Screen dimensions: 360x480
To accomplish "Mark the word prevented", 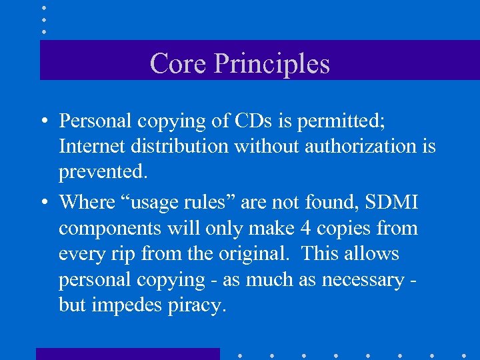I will tap(102, 172).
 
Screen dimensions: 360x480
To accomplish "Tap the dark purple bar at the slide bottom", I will tap(127, 353).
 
